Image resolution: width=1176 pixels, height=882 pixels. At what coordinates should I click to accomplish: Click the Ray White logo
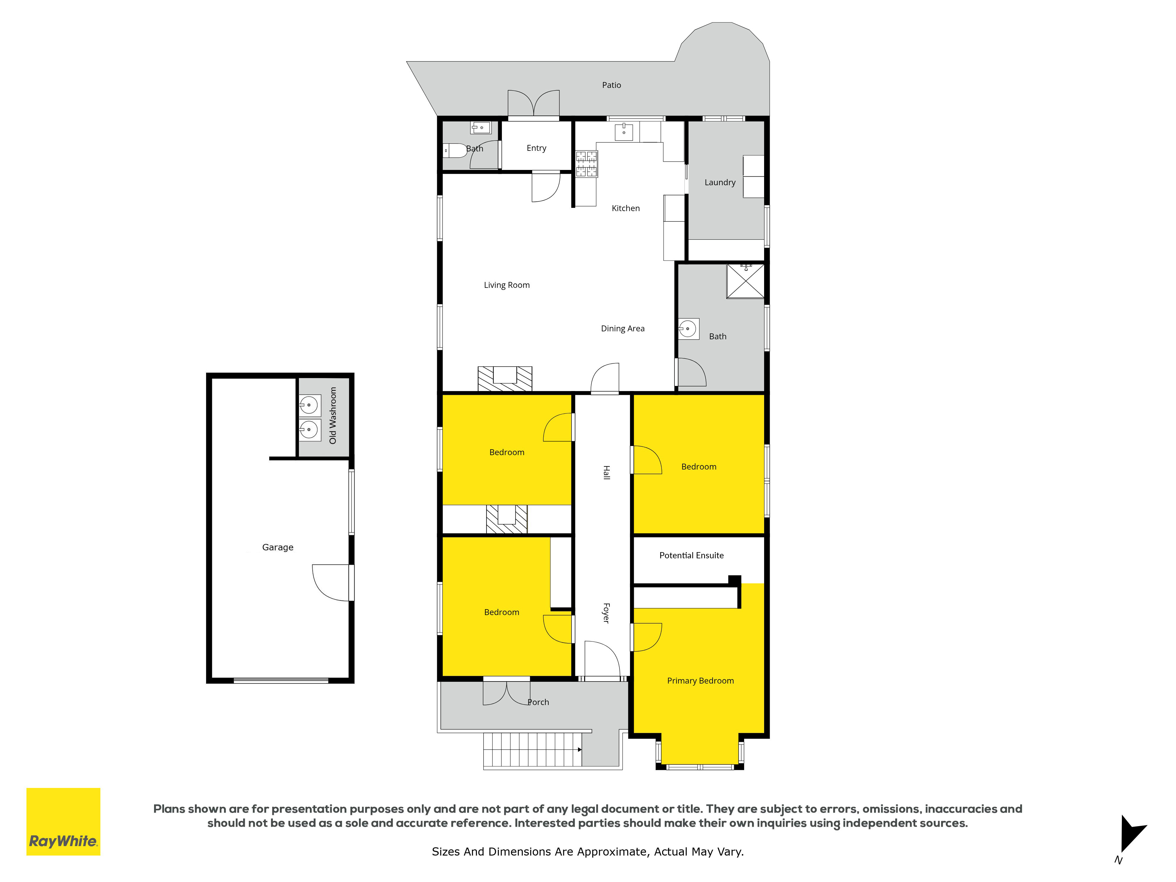[x=63, y=821]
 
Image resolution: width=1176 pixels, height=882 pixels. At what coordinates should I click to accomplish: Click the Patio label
[x=612, y=85]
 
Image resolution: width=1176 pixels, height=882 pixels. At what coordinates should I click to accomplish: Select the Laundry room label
[x=720, y=182]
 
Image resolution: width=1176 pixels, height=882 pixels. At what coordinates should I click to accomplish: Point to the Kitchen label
[x=626, y=208]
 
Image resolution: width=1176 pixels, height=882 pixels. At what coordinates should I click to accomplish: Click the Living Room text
[x=507, y=285]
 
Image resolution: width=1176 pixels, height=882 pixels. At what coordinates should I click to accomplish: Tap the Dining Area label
[x=623, y=329]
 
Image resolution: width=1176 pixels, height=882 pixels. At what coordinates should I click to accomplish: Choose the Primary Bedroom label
[x=700, y=681]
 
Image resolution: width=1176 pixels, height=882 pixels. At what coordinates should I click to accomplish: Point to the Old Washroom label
[x=333, y=415]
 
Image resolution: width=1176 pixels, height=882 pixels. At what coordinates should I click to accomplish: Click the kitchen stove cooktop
[x=587, y=164]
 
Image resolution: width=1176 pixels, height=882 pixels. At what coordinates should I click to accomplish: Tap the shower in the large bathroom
[x=745, y=281]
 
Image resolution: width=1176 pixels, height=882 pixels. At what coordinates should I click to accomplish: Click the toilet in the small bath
[x=455, y=151]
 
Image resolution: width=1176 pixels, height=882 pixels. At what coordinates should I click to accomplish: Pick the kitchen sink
[x=624, y=132]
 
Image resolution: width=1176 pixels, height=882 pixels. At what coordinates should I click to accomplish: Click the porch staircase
[x=533, y=750]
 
